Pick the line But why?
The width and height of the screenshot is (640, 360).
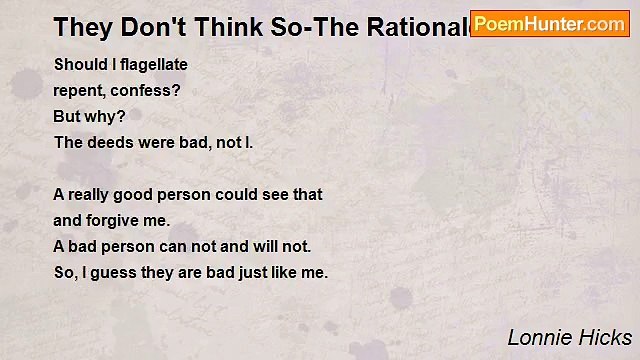point(89,116)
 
